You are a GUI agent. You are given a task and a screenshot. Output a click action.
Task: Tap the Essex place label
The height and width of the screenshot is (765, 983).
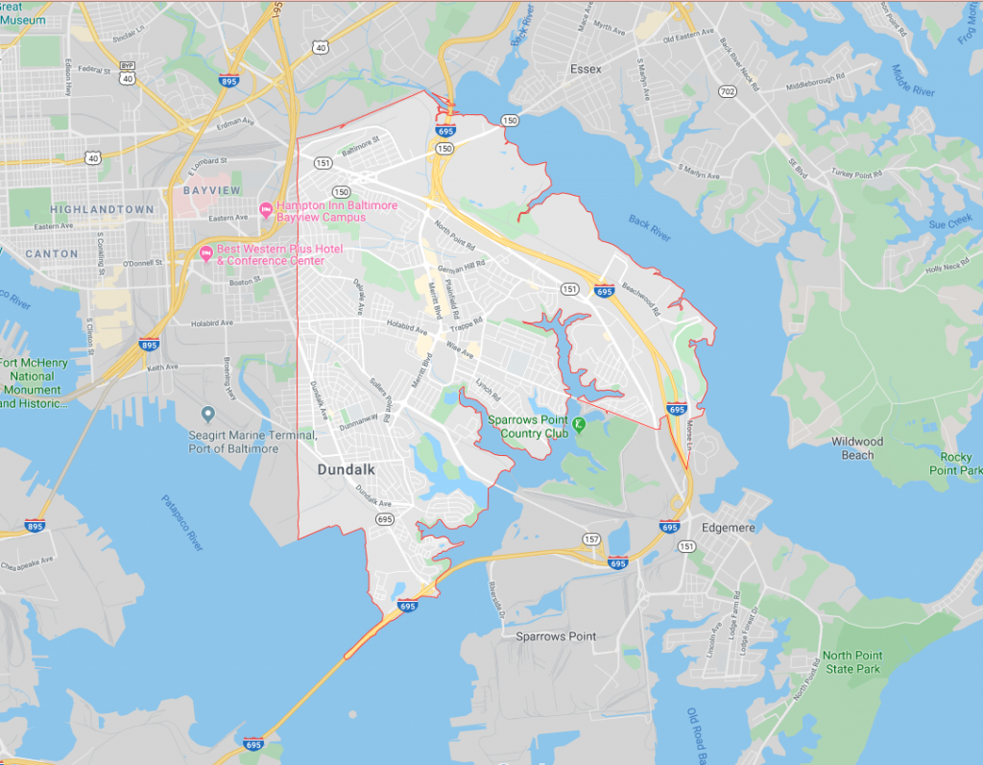pos(586,69)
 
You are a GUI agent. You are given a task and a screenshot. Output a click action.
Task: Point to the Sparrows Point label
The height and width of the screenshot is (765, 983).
pos(556,636)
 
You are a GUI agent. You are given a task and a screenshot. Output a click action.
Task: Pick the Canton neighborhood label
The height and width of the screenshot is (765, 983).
pos(44,253)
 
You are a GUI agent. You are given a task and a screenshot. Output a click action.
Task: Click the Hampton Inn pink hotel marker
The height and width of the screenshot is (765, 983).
pos(265,210)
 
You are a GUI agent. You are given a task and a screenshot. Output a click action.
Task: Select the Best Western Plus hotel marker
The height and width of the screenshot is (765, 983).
pos(205,252)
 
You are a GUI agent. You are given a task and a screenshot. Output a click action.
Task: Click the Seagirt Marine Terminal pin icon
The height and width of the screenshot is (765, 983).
pos(207,414)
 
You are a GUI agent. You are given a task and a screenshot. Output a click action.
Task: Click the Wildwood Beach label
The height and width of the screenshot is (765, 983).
pos(857,448)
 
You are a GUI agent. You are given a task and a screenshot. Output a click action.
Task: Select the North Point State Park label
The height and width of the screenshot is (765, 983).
pos(851,662)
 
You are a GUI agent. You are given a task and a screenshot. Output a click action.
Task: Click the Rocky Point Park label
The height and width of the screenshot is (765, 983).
pos(955,465)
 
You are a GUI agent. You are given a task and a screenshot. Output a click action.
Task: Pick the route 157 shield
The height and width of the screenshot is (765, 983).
pos(591,539)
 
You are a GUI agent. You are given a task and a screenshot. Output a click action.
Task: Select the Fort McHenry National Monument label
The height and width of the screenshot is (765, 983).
pos(33,383)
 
